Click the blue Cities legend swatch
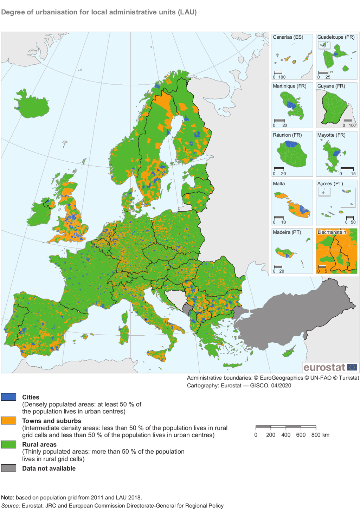[x=9, y=397]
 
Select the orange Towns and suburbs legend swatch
[x=9, y=420]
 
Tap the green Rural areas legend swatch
[x=9, y=444]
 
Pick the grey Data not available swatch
[x=9, y=468]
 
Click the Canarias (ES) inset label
[x=288, y=37]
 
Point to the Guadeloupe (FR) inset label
[x=336, y=37]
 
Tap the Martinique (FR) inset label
[x=289, y=86]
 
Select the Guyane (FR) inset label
[x=331, y=86]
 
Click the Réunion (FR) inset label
[x=287, y=135]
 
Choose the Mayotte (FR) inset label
[x=331, y=135]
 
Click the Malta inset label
[x=279, y=184]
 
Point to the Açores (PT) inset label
[x=330, y=184]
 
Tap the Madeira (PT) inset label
[x=287, y=232]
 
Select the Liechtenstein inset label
[x=332, y=232]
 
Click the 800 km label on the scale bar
[x=320, y=435]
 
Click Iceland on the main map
[x=32, y=104]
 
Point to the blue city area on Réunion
[x=291, y=144]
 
